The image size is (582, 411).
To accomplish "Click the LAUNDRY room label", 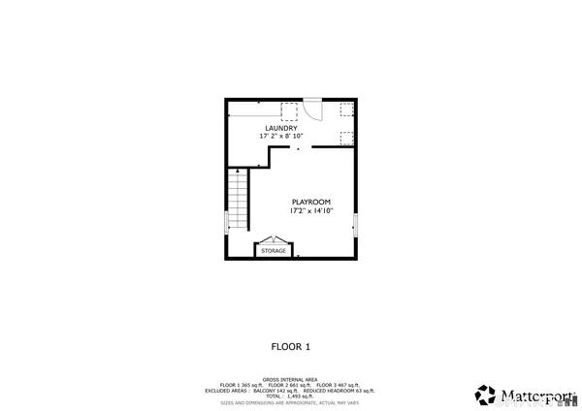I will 282,128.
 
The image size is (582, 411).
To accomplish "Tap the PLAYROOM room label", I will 311,202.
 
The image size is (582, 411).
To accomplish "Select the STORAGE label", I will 274,251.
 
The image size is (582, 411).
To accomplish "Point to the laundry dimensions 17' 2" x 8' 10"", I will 282,137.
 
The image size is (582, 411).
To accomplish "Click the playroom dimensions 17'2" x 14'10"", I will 311,210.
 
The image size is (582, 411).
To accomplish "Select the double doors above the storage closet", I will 274,239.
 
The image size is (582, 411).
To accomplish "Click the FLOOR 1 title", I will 290,346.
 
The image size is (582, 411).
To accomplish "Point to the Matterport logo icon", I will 485,395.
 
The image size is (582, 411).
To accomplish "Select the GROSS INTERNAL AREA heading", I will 290,380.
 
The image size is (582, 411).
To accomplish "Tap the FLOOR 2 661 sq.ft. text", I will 290,386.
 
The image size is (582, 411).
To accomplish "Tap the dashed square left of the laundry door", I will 289,111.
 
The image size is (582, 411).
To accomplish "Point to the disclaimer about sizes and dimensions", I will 290,402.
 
